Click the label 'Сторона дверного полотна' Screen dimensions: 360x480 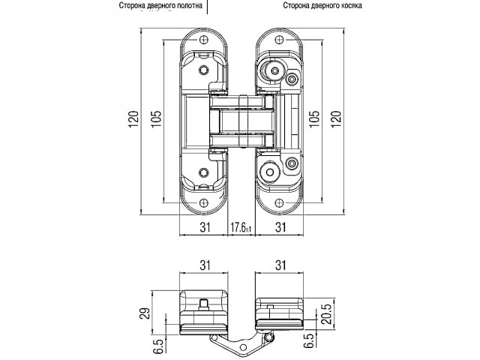(160, 6)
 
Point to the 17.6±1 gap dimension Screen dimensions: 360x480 (240, 228)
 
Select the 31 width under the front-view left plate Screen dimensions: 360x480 (203, 227)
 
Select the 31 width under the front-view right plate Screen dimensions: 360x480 (280, 227)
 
